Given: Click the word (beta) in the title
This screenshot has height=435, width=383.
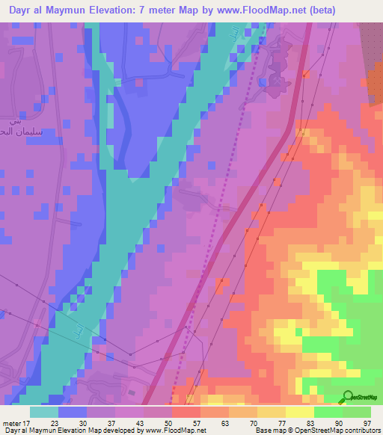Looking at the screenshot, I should point(319,10).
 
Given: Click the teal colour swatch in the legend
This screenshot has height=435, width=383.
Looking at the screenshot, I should point(43,411).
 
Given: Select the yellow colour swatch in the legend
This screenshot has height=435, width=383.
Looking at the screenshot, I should point(299,411).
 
